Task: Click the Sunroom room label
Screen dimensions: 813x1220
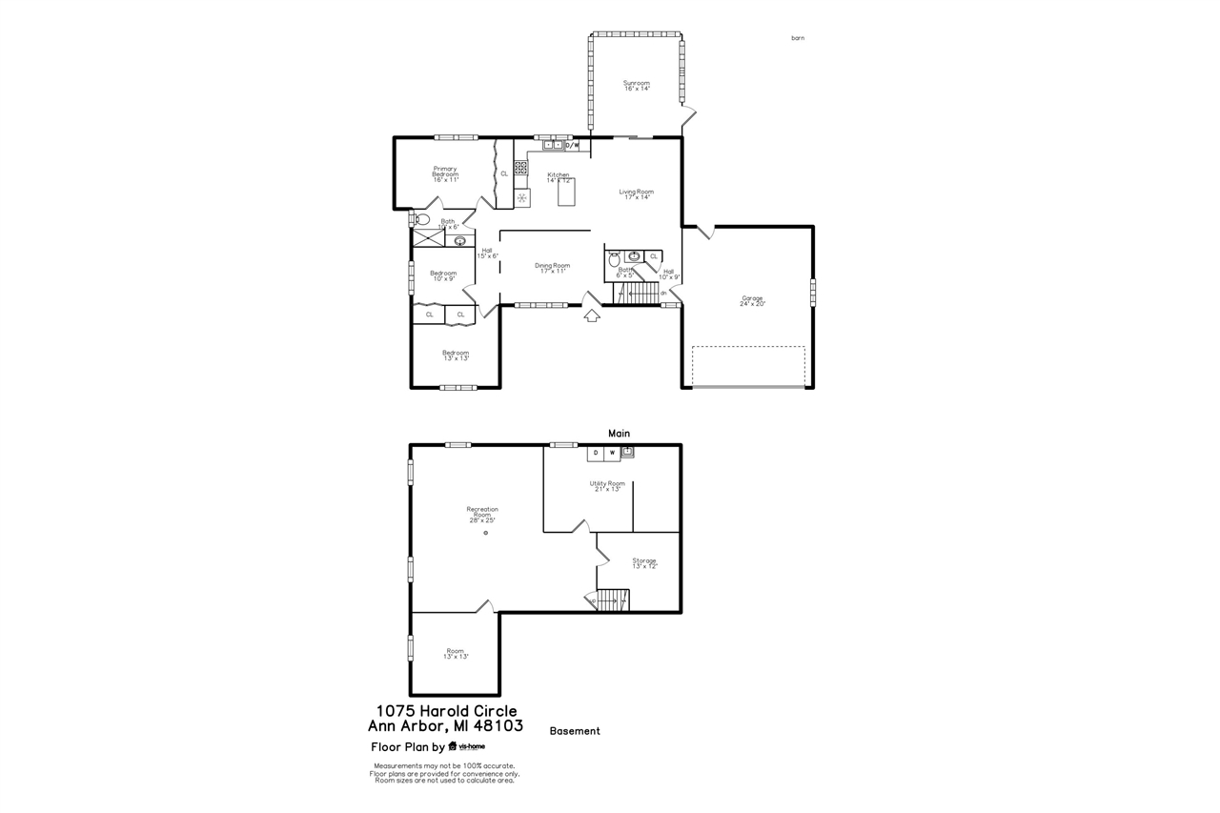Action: coord(637,86)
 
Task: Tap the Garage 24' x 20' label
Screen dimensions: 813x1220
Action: coord(752,300)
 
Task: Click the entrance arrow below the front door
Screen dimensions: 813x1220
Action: coord(591,315)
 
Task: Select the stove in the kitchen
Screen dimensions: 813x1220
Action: coord(520,167)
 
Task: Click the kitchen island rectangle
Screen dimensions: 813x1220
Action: coord(566,193)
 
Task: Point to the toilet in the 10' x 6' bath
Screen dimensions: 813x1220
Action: coord(422,219)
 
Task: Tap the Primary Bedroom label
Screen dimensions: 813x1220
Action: coord(445,173)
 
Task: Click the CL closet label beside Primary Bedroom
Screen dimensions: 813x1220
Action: coord(504,173)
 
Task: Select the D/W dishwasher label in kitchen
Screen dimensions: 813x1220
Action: coord(572,146)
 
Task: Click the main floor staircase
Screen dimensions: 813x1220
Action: coord(639,294)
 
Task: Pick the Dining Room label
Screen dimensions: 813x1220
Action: coord(552,268)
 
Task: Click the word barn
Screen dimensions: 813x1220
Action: coord(798,38)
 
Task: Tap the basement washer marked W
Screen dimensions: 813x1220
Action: coord(612,453)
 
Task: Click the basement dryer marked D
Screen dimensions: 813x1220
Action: coord(596,453)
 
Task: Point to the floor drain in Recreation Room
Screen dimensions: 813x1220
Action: coord(485,533)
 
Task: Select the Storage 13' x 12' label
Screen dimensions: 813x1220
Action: coord(644,562)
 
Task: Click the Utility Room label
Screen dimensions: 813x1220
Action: coord(607,485)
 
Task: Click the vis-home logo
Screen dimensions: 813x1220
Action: coord(466,746)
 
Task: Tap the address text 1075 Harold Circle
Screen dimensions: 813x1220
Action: coord(446,711)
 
